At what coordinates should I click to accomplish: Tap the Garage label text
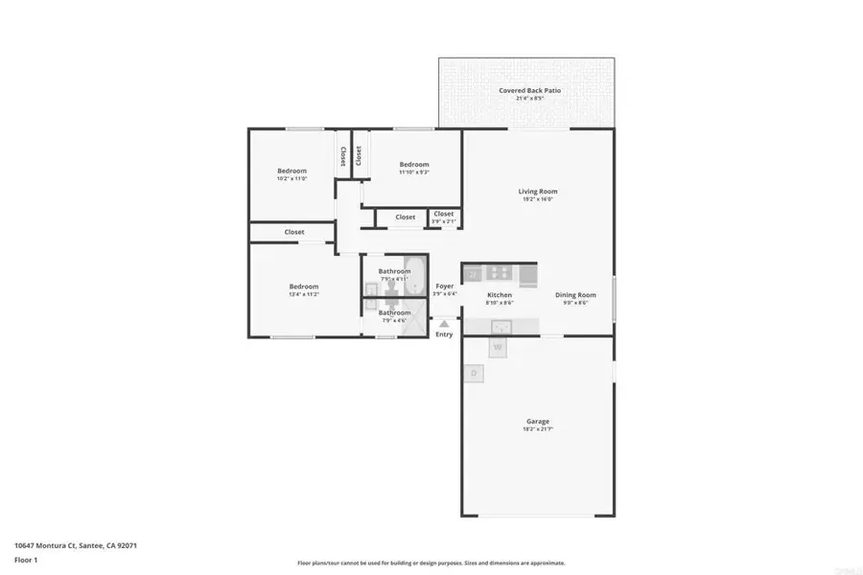coord(537,421)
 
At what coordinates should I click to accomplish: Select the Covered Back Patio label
coord(529,90)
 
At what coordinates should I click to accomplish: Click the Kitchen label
coord(500,295)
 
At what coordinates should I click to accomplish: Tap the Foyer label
coord(444,287)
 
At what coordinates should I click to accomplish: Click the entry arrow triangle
coord(444,324)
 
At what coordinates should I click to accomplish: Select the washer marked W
coord(498,346)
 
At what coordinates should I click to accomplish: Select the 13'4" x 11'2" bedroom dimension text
coord(303,294)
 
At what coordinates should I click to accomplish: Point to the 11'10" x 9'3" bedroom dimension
coord(414,172)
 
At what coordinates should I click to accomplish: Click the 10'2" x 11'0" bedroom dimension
coord(292,178)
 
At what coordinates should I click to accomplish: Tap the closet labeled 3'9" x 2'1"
coord(443,221)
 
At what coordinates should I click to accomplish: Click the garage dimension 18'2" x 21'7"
coord(537,428)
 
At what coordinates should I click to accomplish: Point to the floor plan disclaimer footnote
coord(431,563)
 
